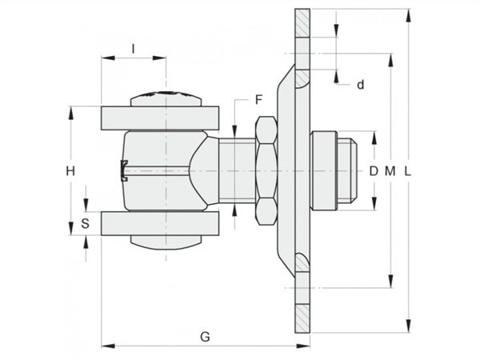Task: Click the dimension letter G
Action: [205, 337]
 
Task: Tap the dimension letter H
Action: [70, 171]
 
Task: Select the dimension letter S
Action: [85, 223]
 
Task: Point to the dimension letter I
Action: [133, 49]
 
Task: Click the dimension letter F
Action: [259, 100]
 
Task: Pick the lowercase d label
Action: [361, 84]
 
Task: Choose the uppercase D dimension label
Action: [374, 171]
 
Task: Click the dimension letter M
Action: [390, 171]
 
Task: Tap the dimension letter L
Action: [407, 171]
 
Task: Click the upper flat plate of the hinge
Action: [160, 118]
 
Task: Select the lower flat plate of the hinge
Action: [160, 223]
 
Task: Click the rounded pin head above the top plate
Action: [166, 98]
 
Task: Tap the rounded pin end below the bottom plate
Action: [166, 242]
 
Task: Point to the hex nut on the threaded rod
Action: [266, 170]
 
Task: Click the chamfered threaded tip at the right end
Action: [347, 170]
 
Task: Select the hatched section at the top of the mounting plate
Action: [302, 23]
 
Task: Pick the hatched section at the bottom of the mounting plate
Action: [302, 318]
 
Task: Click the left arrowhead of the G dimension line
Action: [108, 346]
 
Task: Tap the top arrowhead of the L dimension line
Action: [407, 15]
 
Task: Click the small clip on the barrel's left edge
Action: [124, 170]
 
